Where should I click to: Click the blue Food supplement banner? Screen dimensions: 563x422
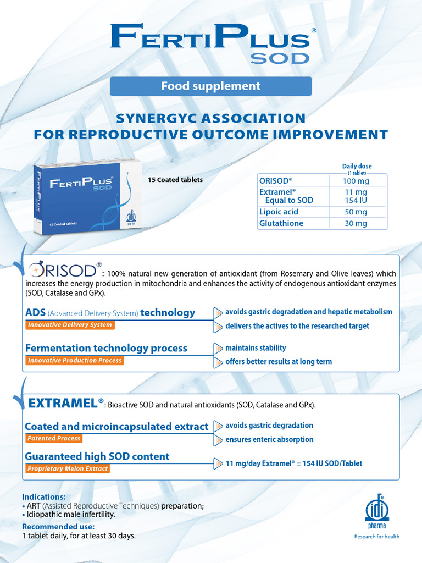point(211,86)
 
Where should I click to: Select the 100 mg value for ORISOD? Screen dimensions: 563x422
point(356,181)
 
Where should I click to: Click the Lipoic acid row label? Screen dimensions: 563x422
point(279,212)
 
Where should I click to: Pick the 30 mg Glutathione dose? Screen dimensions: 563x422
point(356,223)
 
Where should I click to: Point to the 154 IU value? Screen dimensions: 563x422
point(356,200)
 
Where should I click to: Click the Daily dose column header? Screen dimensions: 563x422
point(357,167)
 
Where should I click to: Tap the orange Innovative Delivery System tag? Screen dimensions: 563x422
point(70,325)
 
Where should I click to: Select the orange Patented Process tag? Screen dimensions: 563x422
point(54,438)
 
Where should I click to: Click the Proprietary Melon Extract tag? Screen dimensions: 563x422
point(68,468)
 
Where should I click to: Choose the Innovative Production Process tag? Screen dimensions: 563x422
point(75,361)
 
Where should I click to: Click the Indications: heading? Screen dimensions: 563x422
point(43,496)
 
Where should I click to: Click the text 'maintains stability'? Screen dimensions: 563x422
point(256,348)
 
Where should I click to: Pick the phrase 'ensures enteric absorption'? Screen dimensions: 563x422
point(269,439)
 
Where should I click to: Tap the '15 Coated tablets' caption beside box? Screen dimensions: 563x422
point(175,180)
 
